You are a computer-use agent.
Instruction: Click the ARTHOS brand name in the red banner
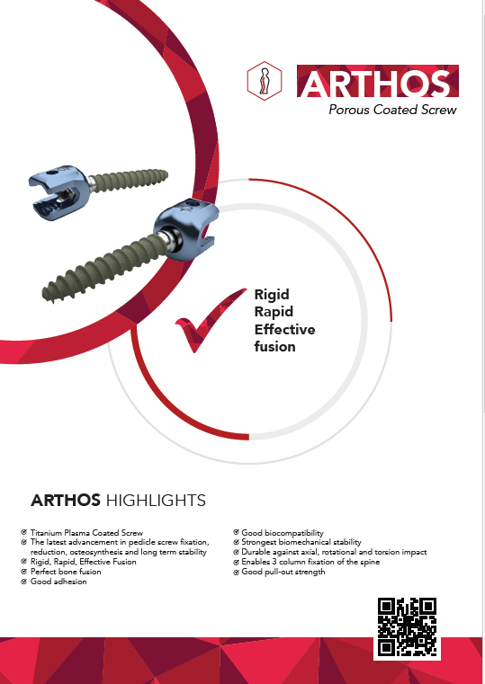point(376,83)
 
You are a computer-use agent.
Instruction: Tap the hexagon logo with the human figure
point(265,81)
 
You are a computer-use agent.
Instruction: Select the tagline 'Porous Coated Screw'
point(392,110)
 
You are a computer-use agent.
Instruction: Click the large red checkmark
point(210,320)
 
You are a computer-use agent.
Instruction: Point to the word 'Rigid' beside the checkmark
point(272,295)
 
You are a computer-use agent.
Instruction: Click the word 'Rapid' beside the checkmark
point(274,312)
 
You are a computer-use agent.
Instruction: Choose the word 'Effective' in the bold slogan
point(284,329)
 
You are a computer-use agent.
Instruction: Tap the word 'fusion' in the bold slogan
point(274,346)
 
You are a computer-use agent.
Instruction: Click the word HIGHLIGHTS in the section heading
point(156,501)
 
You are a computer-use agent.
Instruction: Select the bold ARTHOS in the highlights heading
point(66,501)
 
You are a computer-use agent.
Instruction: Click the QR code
point(407,626)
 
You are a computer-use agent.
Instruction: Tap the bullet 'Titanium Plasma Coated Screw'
point(86,533)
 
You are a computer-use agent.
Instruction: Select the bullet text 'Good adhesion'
point(58,582)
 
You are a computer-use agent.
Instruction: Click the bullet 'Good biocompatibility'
point(283,533)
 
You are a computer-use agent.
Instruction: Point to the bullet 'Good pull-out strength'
point(283,572)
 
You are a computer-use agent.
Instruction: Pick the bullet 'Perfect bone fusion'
point(66,572)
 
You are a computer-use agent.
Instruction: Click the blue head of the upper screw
point(59,192)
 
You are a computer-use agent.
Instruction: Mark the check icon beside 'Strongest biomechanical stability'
point(236,542)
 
